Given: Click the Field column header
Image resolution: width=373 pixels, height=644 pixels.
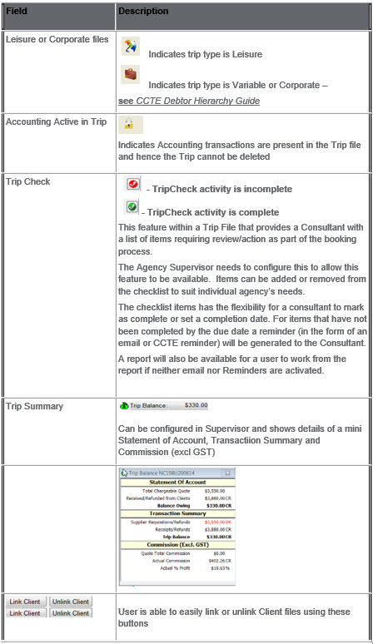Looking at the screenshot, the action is point(17,12).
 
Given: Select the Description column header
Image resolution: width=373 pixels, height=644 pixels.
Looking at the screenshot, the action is point(144,12).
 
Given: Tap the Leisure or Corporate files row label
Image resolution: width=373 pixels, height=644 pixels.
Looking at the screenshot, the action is point(57,38).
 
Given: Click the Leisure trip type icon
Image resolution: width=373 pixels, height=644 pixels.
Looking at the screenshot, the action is point(130,46).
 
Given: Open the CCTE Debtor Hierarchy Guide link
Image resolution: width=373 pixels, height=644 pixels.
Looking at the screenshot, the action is point(198,101).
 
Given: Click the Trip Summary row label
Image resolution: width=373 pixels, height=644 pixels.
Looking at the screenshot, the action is point(33,407).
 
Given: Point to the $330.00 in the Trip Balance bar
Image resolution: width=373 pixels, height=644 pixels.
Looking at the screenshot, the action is point(196,406).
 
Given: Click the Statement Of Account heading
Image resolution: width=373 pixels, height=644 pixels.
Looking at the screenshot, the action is point(177,482).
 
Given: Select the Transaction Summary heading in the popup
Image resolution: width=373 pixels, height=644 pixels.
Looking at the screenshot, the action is point(177,513).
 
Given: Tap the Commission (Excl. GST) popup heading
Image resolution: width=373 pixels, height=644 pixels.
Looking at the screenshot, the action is point(177,545).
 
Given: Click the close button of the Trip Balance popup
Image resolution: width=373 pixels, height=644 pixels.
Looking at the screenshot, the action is point(227,473).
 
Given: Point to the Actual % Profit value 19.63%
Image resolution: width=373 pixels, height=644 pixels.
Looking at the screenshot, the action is point(221,568).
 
